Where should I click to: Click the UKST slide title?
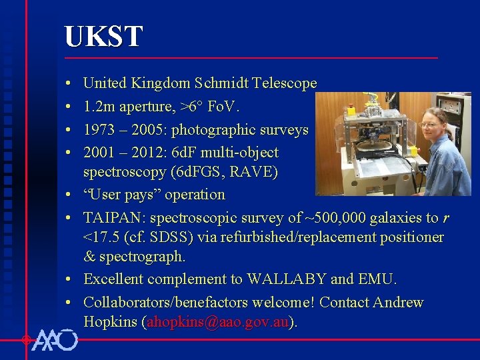pyautogui.click(x=103, y=37)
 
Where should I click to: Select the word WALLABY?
pyautogui.click(x=287, y=279)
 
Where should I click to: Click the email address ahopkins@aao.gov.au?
pyautogui.click(x=218, y=322)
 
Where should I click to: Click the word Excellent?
pyautogui.click(x=117, y=279)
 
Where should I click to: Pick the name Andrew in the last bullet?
pyautogui.click(x=398, y=302)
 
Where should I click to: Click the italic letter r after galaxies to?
pyautogui.click(x=446, y=218)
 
